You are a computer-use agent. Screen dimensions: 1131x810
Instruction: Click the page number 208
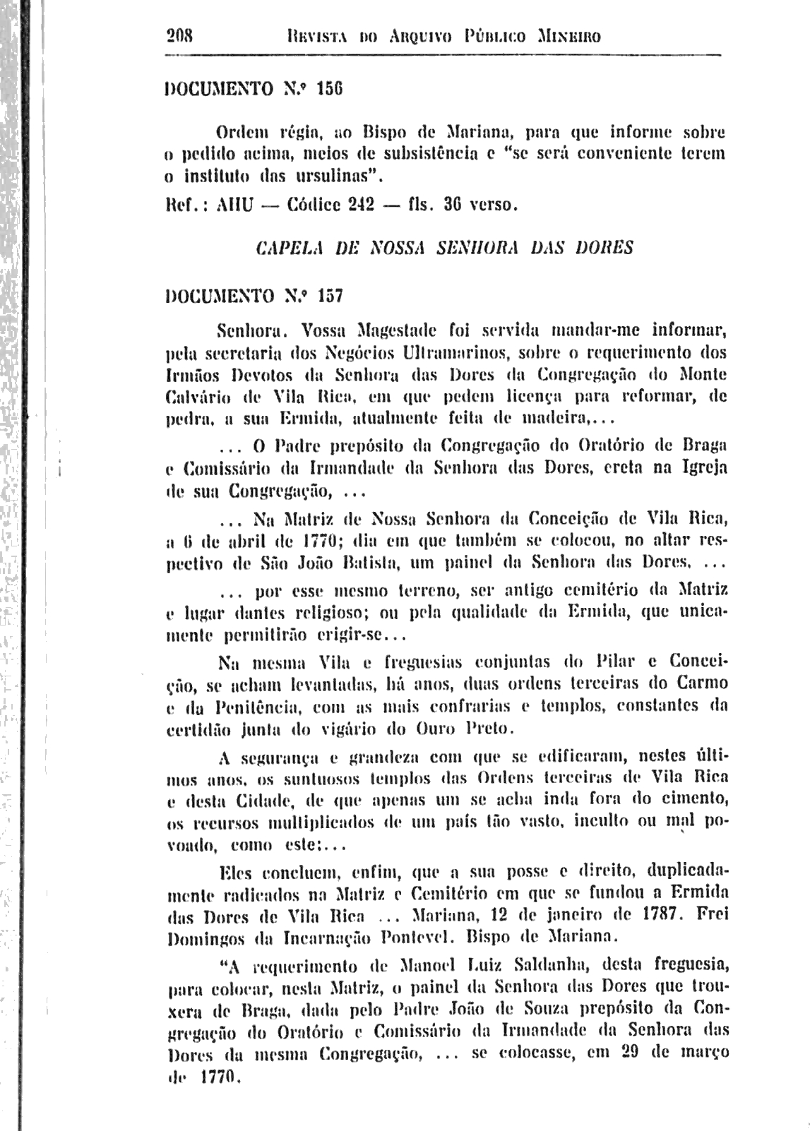[x=182, y=35]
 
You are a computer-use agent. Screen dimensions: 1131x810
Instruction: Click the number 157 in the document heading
[x=330, y=297]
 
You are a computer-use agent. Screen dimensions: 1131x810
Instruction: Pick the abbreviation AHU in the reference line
[x=232, y=206]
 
